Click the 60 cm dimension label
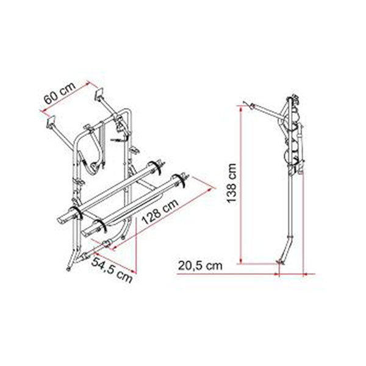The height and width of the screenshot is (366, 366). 60,93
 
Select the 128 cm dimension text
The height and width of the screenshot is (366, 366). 160,212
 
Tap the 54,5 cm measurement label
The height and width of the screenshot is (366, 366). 112,270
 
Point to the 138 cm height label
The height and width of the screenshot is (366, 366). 232,184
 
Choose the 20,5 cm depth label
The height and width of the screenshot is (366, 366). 200,266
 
